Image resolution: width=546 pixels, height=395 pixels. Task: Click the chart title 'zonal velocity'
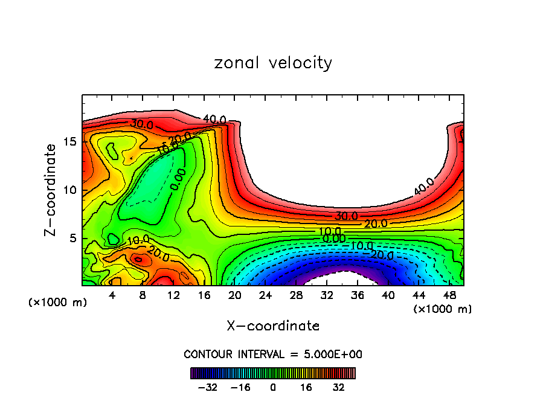[273, 63]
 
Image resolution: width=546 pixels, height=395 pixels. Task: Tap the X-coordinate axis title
[273, 326]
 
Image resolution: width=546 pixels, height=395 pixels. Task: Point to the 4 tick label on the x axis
[112, 295]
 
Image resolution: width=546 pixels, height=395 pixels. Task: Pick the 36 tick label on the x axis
[357, 295]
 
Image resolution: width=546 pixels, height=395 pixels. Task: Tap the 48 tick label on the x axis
[449, 295]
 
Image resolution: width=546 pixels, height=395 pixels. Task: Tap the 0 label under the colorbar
[273, 387]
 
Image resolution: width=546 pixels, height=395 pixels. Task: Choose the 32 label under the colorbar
[338, 387]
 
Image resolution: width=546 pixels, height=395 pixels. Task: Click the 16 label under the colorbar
[305, 387]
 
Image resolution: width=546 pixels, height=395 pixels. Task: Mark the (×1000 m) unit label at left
[58, 303]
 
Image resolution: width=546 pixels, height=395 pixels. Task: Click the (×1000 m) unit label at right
[443, 309]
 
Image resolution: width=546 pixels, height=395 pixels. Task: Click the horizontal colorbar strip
[273, 373]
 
